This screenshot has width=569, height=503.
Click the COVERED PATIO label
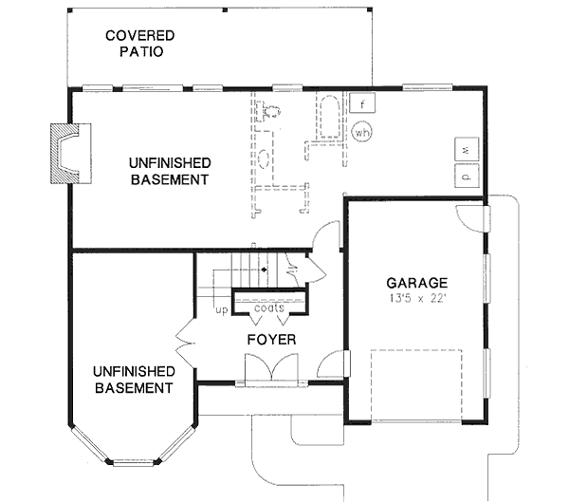140,44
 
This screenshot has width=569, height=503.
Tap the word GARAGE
417,283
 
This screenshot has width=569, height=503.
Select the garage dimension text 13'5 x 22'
417,299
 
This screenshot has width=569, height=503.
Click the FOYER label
272,339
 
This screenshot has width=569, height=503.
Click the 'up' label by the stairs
222,309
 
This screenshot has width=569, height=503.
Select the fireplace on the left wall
65,153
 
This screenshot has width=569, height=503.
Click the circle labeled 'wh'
361,133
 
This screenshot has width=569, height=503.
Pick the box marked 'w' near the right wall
466,149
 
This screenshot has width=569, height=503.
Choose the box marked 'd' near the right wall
466,175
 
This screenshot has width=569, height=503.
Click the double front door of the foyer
271,368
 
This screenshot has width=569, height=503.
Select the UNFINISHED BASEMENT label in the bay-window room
133,380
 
